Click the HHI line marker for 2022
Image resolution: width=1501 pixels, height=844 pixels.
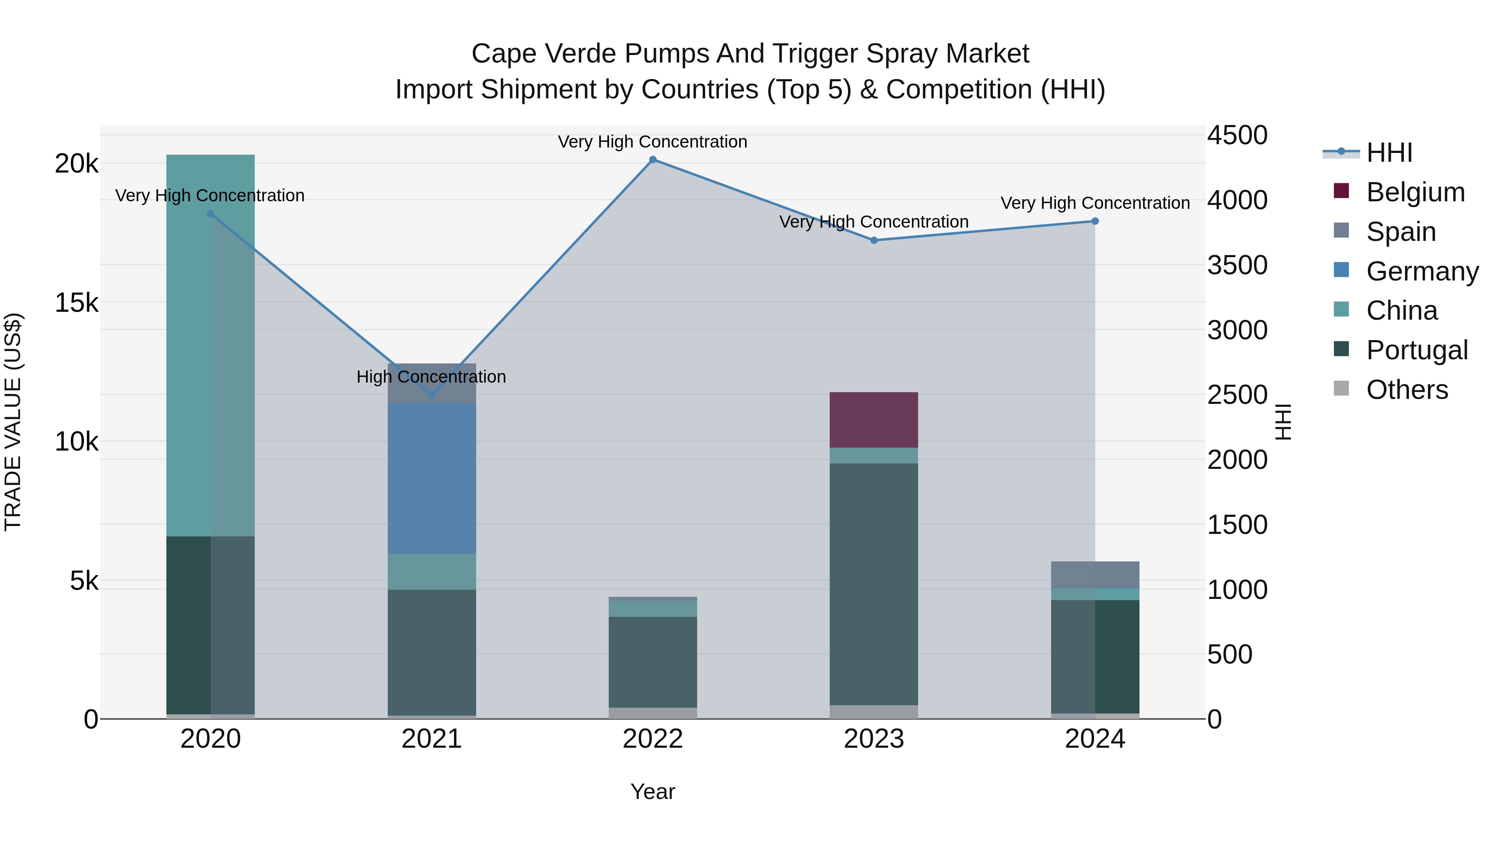tap(653, 160)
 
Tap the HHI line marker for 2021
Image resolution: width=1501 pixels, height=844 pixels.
tap(432, 395)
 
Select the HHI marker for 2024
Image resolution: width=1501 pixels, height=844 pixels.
tap(1095, 221)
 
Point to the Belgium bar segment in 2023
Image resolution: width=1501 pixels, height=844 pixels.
tap(873, 420)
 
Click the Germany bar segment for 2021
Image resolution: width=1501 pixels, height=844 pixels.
tap(432, 478)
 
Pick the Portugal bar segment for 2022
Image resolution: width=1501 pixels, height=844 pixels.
tap(653, 662)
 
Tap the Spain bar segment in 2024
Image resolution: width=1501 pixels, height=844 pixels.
tap(1095, 575)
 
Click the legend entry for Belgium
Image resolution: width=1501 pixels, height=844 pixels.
tap(1415, 192)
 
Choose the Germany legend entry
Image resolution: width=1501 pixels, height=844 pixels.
tap(1422, 271)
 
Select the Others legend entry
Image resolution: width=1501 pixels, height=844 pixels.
tap(1407, 390)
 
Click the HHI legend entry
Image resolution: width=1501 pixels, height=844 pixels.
tap(1389, 153)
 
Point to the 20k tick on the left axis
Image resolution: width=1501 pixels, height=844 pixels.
tap(76, 164)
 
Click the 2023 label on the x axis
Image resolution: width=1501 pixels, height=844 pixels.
tap(873, 739)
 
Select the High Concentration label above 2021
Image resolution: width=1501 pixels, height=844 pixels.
tap(431, 377)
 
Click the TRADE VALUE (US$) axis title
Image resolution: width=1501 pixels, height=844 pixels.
tap(13, 422)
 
